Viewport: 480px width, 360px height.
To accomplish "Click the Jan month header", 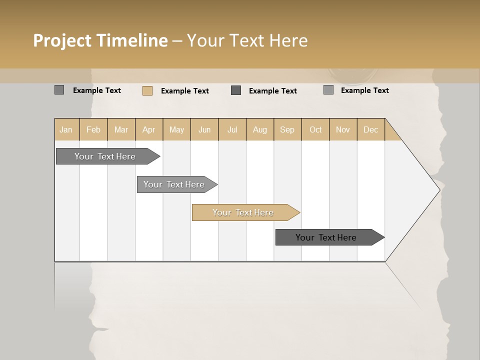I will pos(66,129).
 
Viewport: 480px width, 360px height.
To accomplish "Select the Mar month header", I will pos(121,129).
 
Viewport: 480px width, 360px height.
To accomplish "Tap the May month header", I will pos(176,129).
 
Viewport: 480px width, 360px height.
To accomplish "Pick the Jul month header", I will pos(232,129).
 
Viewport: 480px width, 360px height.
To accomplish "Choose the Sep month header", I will pos(287,129).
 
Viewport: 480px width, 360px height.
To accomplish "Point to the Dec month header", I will pos(370,129).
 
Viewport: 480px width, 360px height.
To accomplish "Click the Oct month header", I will pos(315,129).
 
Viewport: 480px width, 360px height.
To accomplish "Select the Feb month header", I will pos(93,129).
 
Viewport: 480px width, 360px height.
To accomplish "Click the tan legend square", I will pos(147,90).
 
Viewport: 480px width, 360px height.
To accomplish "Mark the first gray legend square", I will pos(59,90).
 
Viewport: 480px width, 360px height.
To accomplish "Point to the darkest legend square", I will pos(236,90).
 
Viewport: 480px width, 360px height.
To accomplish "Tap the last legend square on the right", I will pos(328,90).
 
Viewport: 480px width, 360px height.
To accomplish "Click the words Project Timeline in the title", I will pos(100,40).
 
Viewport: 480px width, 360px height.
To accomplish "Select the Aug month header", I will pos(259,129).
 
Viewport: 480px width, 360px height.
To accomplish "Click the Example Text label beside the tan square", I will pos(185,91).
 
